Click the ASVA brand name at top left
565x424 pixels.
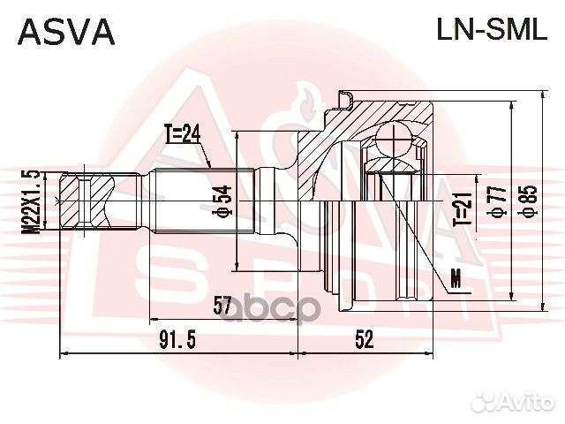coord(66,31)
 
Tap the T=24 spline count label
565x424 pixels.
coord(184,136)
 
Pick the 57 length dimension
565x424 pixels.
coord(222,307)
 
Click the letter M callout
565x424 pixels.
coord(456,280)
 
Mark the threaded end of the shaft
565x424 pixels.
coord(86,201)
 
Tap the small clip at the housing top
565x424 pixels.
coord(347,94)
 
